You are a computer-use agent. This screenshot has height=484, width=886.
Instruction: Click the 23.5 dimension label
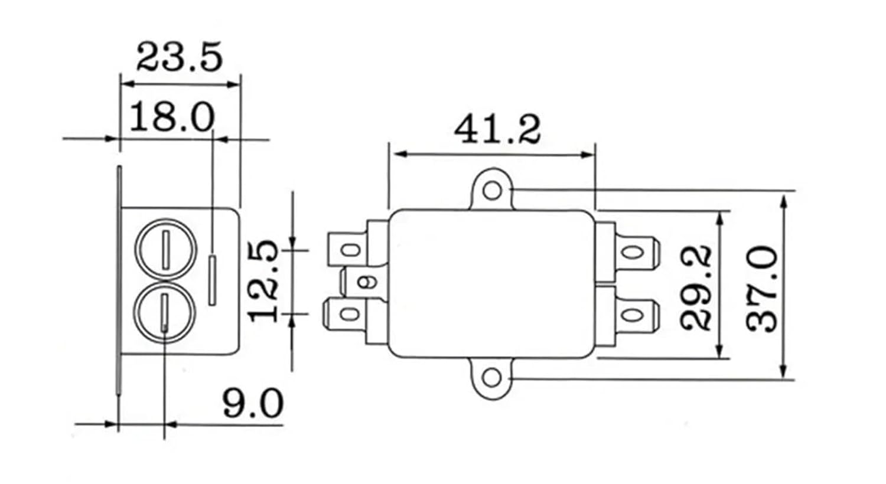click(180, 57)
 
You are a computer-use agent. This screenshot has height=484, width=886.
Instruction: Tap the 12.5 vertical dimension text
click(263, 281)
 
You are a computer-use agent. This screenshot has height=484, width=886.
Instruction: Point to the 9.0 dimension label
click(253, 404)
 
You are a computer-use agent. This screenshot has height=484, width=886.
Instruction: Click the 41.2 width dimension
click(497, 130)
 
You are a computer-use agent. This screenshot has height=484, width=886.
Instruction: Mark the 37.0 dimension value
click(762, 287)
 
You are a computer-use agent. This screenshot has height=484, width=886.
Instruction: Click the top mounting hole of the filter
click(492, 191)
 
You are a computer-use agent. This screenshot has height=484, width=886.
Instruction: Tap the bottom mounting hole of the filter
click(492, 378)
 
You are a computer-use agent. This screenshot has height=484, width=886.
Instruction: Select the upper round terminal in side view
click(166, 248)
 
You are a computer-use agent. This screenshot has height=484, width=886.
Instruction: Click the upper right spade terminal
click(633, 253)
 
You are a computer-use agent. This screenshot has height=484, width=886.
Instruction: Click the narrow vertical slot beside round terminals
click(212, 280)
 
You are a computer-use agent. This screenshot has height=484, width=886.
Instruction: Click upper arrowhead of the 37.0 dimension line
click(784, 202)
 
